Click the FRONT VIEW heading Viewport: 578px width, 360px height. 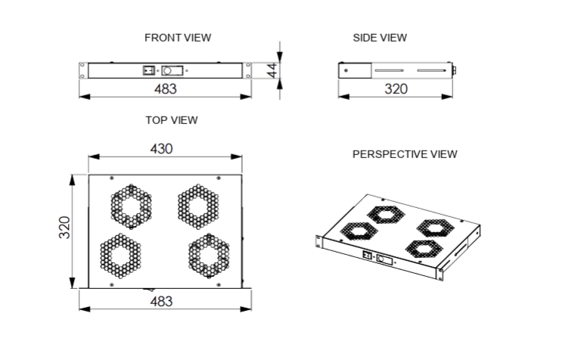point(178,38)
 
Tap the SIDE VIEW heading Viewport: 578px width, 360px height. point(380,38)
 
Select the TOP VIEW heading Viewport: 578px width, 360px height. point(172,120)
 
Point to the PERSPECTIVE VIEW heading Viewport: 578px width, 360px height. point(405,154)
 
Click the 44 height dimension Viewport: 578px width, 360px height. point(272,70)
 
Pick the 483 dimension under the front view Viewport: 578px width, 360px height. point(165,88)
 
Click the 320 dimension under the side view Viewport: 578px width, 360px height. point(396,88)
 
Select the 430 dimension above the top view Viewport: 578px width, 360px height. point(161,149)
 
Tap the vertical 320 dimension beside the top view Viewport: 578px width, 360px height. point(64,228)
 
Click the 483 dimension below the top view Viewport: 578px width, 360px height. point(161,302)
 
